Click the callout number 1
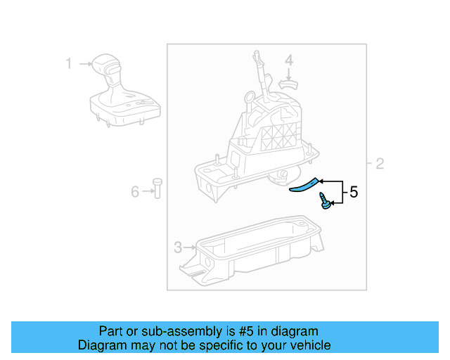(69, 64)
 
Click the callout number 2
(380, 165)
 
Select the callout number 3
(178, 247)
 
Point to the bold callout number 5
(354, 191)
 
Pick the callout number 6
(135, 190)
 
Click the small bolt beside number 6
(157, 189)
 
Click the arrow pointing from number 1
(85, 64)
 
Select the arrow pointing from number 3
(191, 247)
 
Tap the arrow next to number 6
(147, 190)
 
